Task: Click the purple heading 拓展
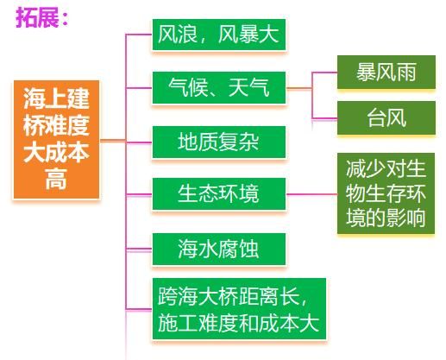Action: (x=37, y=17)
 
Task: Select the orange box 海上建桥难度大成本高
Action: (x=56, y=140)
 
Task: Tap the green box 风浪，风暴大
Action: (x=219, y=35)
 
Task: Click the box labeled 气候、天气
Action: (x=219, y=88)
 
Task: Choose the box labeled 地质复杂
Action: (x=219, y=142)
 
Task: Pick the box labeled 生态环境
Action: (x=219, y=193)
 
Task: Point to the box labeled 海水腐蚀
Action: (x=219, y=249)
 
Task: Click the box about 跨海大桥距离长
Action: (x=239, y=308)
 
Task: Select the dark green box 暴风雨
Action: (x=386, y=72)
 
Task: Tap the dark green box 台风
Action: (x=386, y=117)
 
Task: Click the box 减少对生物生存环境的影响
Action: (x=386, y=193)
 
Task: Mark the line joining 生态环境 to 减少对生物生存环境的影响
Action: (x=311, y=194)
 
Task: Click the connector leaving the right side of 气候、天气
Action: (x=299, y=88)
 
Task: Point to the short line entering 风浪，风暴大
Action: (x=139, y=35)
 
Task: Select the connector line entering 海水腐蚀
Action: (x=139, y=249)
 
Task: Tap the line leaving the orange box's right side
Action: (x=113, y=141)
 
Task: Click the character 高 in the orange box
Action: (x=56, y=179)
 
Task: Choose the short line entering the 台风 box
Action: (x=324, y=118)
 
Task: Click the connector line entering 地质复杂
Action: (x=139, y=142)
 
